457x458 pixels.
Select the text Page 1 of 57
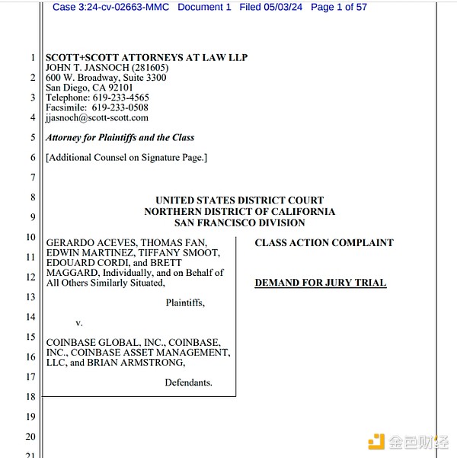[x=339, y=7]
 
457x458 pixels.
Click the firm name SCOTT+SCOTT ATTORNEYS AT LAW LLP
[x=146, y=58]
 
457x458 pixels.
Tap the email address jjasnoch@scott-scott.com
[x=97, y=117]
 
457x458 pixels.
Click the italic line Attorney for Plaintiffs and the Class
[x=120, y=138]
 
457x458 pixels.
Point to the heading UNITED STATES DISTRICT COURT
[x=239, y=200]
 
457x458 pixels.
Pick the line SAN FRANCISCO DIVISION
[x=239, y=223]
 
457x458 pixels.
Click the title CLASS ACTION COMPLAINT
[x=324, y=243]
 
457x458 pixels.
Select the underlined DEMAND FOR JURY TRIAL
[x=320, y=283]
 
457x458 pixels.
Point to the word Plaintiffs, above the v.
[x=185, y=303]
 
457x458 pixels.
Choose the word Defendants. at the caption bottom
[x=188, y=383]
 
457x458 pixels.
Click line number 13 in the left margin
[x=30, y=296]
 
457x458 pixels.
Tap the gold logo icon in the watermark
[x=375, y=441]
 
